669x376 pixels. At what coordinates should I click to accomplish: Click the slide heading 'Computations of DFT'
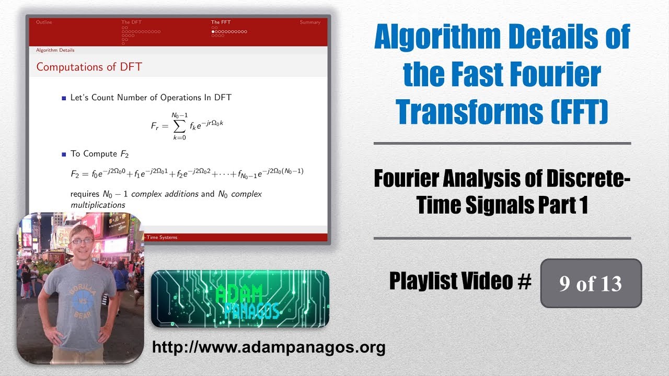click(x=89, y=67)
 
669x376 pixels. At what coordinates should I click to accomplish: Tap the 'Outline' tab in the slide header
click(x=44, y=22)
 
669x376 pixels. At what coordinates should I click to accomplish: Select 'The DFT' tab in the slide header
click(x=131, y=22)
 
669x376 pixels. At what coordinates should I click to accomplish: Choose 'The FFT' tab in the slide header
click(x=220, y=22)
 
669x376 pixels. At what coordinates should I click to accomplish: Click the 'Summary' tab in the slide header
click(x=310, y=22)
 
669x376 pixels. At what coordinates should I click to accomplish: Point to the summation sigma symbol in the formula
click(x=179, y=125)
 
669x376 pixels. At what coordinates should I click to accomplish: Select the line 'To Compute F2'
click(x=99, y=154)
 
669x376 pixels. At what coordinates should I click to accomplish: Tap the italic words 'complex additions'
click(x=165, y=194)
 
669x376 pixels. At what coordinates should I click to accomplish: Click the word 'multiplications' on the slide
click(x=98, y=205)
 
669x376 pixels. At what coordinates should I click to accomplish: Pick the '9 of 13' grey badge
click(x=591, y=283)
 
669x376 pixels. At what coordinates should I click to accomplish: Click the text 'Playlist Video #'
click(x=460, y=282)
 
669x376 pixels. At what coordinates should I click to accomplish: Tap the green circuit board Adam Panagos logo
click(x=240, y=299)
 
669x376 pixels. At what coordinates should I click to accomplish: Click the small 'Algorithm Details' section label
click(x=55, y=50)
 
